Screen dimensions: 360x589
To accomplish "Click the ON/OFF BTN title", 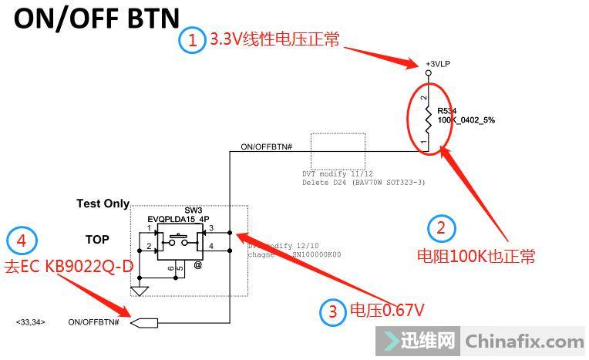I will click(96, 19).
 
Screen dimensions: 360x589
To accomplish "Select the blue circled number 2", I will click(441, 227).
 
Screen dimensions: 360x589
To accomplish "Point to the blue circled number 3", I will click(333, 311).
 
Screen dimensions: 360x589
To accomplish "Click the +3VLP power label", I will click(436, 63).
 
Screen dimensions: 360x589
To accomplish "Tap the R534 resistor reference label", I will click(448, 111).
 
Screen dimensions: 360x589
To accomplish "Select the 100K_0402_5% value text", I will click(466, 121).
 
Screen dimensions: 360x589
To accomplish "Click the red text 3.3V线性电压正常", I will click(274, 39).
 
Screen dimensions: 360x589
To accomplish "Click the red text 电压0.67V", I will click(388, 311).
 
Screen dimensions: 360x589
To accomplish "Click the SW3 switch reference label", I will click(193, 210).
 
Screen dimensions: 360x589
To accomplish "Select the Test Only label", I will click(103, 204).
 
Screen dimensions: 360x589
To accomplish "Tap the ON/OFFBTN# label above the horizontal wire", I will click(266, 146).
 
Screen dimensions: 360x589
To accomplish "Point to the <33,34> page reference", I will click(30, 321).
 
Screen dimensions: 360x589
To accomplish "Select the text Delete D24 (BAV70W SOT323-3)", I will click(364, 183).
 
